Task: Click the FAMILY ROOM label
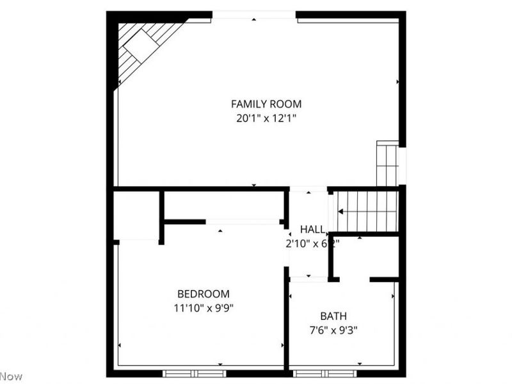click(x=266, y=104)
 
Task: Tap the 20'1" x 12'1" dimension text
click(x=266, y=118)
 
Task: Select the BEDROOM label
click(x=203, y=294)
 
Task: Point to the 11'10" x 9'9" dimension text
click(x=203, y=308)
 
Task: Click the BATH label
click(x=333, y=316)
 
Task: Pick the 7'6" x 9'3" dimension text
click(x=333, y=331)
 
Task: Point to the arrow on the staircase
click(x=342, y=211)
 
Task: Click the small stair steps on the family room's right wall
click(x=387, y=164)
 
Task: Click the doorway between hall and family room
click(x=308, y=189)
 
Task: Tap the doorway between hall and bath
click(x=308, y=279)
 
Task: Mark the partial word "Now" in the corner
click(x=11, y=376)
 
